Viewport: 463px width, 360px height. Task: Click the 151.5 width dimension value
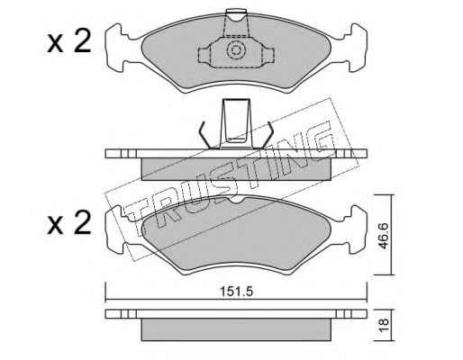[x=237, y=292]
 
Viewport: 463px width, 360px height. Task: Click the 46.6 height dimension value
[x=384, y=236]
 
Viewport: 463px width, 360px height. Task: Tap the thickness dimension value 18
[x=384, y=325]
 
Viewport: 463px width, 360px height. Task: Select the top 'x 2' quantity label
[x=69, y=42]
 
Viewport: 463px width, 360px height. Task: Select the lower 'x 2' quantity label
[x=69, y=222]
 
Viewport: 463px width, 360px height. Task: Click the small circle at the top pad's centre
[x=235, y=50]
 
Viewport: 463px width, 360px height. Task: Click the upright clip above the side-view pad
[x=236, y=123]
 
